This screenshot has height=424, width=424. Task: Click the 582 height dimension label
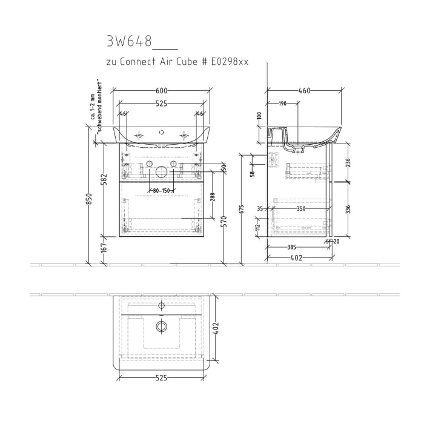coord(104,181)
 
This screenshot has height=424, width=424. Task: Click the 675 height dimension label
coord(242,210)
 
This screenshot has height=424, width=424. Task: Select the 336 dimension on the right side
coord(348,210)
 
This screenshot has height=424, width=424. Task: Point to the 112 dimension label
coord(257,228)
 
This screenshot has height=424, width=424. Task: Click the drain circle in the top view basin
coord(161,326)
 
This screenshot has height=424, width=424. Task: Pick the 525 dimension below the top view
coord(161,379)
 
